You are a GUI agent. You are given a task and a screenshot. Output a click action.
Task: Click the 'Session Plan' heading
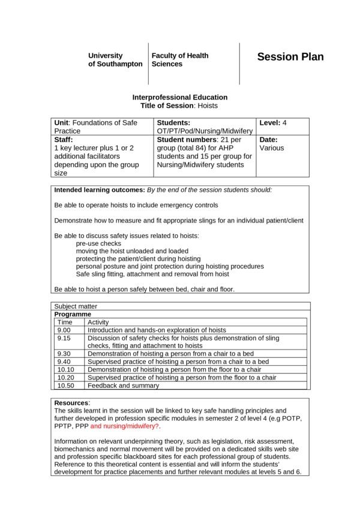pyautogui.click(x=290, y=58)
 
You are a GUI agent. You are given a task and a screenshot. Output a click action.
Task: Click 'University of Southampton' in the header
pyautogui.click(x=115, y=59)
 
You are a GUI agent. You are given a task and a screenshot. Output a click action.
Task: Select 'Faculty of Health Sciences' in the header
pyautogui.click(x=180, y=59)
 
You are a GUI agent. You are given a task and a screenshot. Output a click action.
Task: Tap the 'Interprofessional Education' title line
pyautogui.click(x=179, y=97)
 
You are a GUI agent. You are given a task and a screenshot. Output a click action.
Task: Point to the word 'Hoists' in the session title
pyautogui.click(x=207, y=106)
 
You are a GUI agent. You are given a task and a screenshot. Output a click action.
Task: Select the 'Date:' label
pyautogui.click(x=268, y=139)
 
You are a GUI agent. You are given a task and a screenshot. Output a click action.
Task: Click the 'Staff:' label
pyautogui.click(x=64, y=139)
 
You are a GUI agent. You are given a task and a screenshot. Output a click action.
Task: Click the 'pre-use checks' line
pyautogui.click(x=98, y=243)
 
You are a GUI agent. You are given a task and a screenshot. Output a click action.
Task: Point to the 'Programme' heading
pyautogui.click(x=73, y=314)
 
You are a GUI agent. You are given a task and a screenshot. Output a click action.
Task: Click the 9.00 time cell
pyautogui.click(x=64, y=330)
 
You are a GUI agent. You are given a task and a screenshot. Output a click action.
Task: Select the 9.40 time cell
pyautogui.click(x=64, y=362)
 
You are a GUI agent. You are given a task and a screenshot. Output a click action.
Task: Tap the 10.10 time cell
pyautogui.click(x=66, y=369)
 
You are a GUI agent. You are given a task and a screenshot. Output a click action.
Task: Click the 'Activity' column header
pyautogui.click(x=98, y=322)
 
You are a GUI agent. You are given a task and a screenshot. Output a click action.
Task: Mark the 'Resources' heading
pyautogui.click(x=71, y=402)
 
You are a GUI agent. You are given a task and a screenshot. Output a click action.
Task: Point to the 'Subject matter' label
pyautogui.click(x=75, y=306)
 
